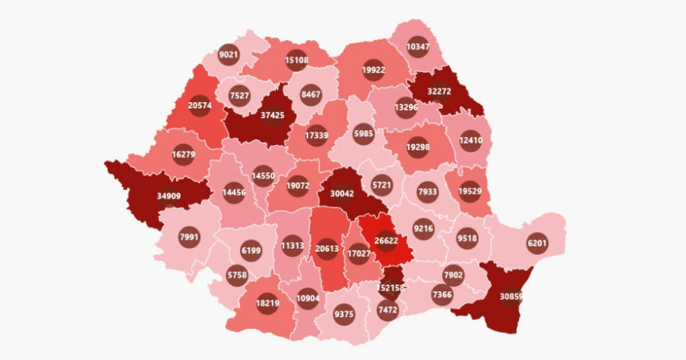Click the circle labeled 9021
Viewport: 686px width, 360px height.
click(228, 55)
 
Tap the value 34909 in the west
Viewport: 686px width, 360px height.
click(168, 196)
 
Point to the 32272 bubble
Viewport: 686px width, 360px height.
click(441, 91)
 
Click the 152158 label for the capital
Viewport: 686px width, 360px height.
click(391, 288)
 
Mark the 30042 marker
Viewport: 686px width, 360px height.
click(344, 195)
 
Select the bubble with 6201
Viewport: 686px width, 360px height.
click(538, 242)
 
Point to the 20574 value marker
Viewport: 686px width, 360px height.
click(200, 105)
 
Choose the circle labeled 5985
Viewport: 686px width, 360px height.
click(363, 132)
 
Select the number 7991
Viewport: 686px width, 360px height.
click(189, 236)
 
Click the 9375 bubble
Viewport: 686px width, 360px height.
click(343, 314)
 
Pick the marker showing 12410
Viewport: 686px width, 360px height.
click(470, 141)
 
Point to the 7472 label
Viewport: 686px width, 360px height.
click(387, 310)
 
